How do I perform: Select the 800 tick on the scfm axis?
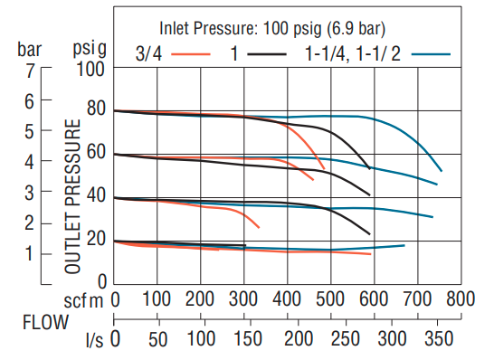click(x=461, y=298)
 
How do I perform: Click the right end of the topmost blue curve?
click(x=441, y=170)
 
